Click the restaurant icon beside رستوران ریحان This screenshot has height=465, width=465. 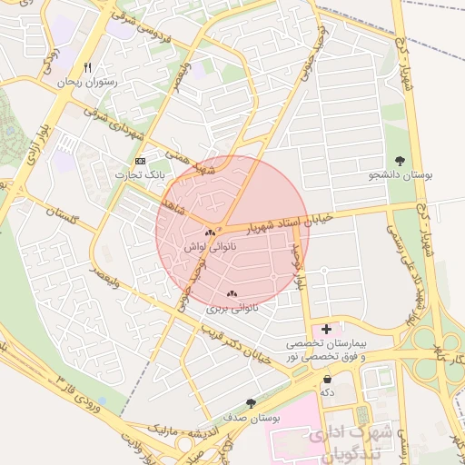(88, 68)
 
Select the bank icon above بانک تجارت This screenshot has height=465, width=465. (139, 160)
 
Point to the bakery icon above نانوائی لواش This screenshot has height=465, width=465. (210, 233)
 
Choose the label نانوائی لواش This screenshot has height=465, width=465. (210, 247)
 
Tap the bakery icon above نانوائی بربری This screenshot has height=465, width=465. (231, 293)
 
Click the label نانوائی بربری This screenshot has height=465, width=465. (232, 308)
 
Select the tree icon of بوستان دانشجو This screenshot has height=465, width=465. (400, 160)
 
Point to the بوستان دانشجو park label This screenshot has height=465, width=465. (400, 174)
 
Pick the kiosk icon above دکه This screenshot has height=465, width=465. (327, 379)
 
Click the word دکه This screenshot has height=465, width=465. (327, 392)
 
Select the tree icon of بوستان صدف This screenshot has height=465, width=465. (251, 402)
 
